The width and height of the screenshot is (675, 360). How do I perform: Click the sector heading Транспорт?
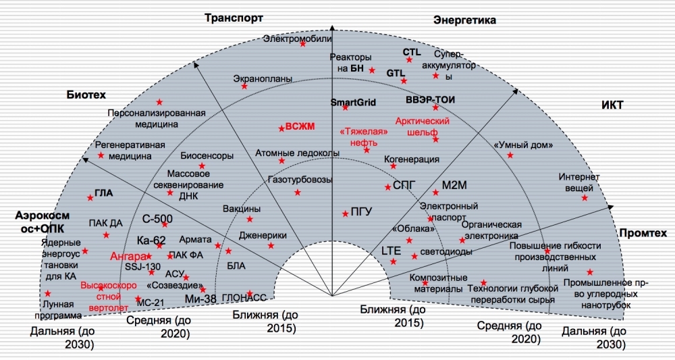tap(234, 18)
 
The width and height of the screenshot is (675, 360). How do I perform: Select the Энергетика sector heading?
tap(464, 20)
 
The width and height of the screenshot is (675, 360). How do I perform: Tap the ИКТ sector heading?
tap(612, 105)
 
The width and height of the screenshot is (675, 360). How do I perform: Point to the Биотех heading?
tap(85, 95)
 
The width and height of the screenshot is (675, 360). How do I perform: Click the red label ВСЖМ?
tap(300, 126)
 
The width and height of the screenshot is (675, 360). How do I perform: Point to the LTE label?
tap(391, 251)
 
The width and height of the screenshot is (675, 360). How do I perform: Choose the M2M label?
tap(454, 184)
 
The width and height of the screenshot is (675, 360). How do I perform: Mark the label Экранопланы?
tap(263, 78)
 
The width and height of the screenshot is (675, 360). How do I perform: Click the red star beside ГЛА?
tap(90, 198)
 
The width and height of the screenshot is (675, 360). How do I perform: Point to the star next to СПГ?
tap(387, 187)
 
